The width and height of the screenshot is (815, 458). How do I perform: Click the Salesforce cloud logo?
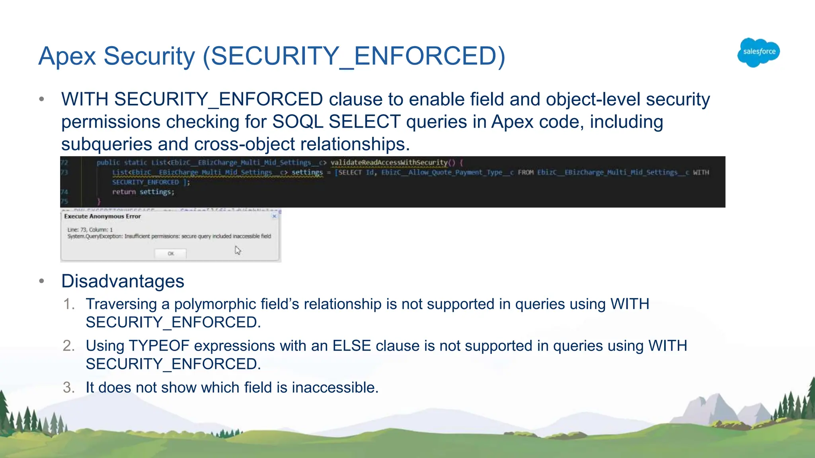pos(758,52)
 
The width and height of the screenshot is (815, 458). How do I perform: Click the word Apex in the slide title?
pos(67,56)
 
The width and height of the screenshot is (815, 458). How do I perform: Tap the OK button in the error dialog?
pos(171,253)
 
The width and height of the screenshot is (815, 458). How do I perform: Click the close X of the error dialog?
pos(274,216)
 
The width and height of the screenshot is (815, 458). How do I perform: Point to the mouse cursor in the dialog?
pos(238,250)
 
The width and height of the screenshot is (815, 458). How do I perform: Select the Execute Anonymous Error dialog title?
pos(102,216)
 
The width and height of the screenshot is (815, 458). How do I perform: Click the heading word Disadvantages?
pos(123,281)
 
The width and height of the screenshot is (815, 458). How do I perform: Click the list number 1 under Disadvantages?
pos(68,304)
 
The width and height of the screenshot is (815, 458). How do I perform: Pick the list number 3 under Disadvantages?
pos(68,388)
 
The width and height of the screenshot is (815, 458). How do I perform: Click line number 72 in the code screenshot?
pos(64,163)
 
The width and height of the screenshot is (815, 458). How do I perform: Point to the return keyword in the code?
pos(124,192)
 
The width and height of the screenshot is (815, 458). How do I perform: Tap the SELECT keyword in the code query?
pos(350,173)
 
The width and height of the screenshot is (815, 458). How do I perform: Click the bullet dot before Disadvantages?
pos(42,281)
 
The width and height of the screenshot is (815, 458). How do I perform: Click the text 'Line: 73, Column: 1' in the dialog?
pos(90,230)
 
